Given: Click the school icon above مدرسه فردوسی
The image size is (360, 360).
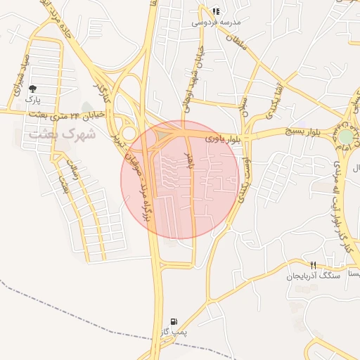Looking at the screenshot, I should [215, 11].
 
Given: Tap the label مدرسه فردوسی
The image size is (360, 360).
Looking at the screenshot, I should [215, 22].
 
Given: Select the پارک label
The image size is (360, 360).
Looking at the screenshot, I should [33, 100].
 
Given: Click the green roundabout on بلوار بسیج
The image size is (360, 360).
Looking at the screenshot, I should [347, 136].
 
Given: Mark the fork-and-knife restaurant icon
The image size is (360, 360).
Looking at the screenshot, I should [314, 265].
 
